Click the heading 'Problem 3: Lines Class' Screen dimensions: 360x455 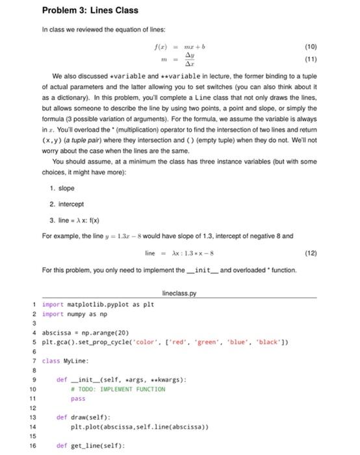click(x=90, y=10)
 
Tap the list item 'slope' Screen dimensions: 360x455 click(x=66, y=188)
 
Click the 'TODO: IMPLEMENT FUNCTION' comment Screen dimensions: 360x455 click(x=121, y=389)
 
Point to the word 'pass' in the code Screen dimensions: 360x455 click(x=78, y=398)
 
